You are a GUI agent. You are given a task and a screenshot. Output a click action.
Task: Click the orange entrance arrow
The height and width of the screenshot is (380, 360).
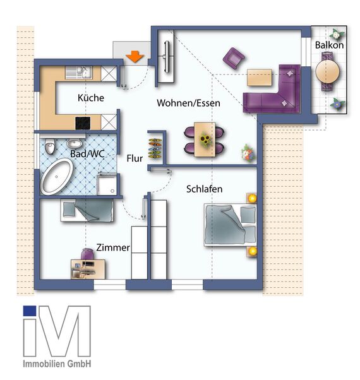coord(133,56)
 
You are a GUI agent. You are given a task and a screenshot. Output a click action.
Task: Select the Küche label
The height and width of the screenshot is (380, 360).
coord(90,98)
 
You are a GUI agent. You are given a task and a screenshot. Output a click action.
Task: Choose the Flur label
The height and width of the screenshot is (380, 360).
coord(135,158)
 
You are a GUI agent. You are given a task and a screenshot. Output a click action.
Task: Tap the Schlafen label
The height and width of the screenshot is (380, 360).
coord(204,189)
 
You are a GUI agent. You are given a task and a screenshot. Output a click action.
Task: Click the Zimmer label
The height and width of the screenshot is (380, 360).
coord(113,248)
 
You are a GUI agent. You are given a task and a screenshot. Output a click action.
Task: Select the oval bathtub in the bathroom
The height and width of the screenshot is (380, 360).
coord(57,176)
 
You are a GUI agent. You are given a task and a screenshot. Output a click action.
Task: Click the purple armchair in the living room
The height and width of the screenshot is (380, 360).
coord(234,59)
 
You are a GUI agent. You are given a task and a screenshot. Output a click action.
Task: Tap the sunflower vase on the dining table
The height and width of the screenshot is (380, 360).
coord(204,140)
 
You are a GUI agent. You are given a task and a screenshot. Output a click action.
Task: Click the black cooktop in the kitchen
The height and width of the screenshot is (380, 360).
coord(83,123)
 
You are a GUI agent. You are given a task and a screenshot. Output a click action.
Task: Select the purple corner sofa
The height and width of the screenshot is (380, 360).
coord(275,92)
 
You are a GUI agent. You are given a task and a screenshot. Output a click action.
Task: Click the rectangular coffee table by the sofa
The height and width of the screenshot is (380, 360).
coord(259,76)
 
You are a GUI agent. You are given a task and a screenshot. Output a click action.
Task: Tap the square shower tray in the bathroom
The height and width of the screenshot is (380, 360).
coord(107,184)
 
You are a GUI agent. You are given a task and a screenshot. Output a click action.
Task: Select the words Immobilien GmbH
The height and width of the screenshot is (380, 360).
coord(57,364)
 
